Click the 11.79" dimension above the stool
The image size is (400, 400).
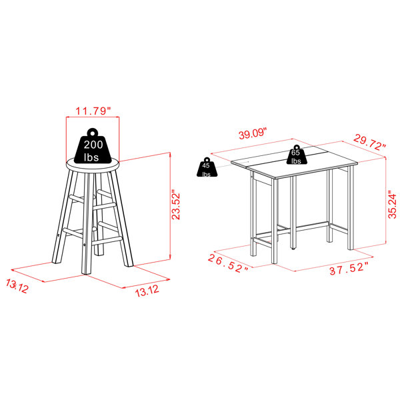[93, 111]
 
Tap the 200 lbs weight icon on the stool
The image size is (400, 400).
[93, 147]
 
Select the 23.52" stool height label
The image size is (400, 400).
[176, 205]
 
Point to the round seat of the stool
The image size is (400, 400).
[93, 165]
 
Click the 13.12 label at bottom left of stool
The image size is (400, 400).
[17, 286]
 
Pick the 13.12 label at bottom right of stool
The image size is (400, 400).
[147, 291]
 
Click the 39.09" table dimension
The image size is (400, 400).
[253, 133]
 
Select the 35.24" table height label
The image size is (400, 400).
[392, 205]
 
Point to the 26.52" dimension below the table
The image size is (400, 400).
[228, 263]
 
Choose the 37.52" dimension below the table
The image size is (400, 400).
[349, 269]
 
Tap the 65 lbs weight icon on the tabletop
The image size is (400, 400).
[297, 155]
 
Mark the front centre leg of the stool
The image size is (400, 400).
[87, 223]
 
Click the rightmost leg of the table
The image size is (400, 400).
[351, 207]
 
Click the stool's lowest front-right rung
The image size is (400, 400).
[107, 241]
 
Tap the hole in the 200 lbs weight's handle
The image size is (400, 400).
[93, 133]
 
